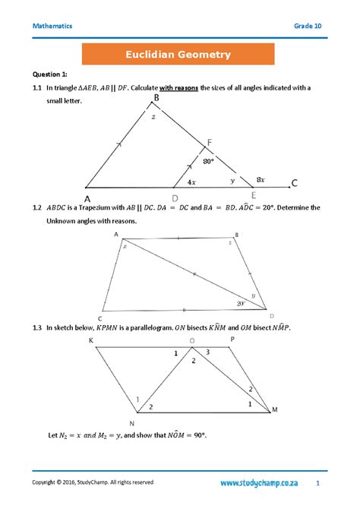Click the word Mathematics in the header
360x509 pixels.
tap(52, 26)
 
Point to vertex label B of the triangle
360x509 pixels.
tap(156, 98)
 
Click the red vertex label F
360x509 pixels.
tap(209, 143)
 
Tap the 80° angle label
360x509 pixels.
tap(208, 161)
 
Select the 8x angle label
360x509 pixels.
tap(261, 179)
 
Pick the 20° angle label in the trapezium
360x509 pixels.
tap(241, 302)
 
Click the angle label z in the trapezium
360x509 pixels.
tap(230, 242)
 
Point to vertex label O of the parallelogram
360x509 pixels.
tap(191, 340)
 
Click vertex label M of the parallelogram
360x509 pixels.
tap(275, 409)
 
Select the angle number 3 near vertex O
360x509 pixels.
tap(209, 353)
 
